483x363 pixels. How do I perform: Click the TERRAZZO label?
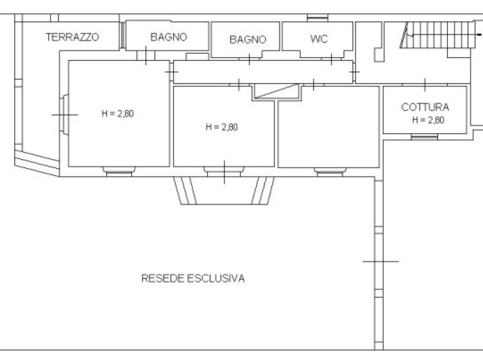click(72, 37)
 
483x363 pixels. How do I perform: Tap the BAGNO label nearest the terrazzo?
click(168, 37)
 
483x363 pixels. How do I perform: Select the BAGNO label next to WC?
click(248, 39)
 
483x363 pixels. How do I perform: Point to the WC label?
click(319, 39)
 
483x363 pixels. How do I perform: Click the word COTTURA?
click(425, 107)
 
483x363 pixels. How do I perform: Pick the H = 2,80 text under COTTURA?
click(428, 120)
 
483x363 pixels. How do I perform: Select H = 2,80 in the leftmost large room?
click(118, 113)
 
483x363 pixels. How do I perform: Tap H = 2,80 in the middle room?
click(222, 127)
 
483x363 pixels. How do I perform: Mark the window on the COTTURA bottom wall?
click(424, 137)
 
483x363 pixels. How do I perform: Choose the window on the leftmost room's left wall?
click(64, 114)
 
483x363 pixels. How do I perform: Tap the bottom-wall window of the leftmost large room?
click(118, 171)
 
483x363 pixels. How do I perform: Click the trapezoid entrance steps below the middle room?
click(224, 191)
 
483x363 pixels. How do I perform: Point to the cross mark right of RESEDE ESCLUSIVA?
click(380, 261)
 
